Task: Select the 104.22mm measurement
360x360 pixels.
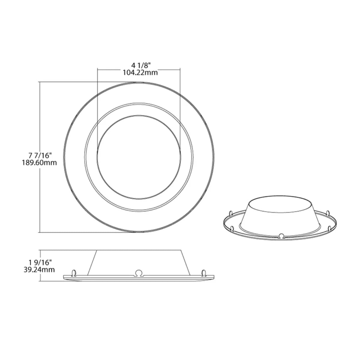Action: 139,73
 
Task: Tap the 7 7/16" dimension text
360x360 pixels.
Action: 40,155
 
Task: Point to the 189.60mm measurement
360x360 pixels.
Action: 39,163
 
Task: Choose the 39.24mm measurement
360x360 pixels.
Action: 39,269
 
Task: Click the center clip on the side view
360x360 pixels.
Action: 139,272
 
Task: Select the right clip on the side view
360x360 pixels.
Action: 204,273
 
